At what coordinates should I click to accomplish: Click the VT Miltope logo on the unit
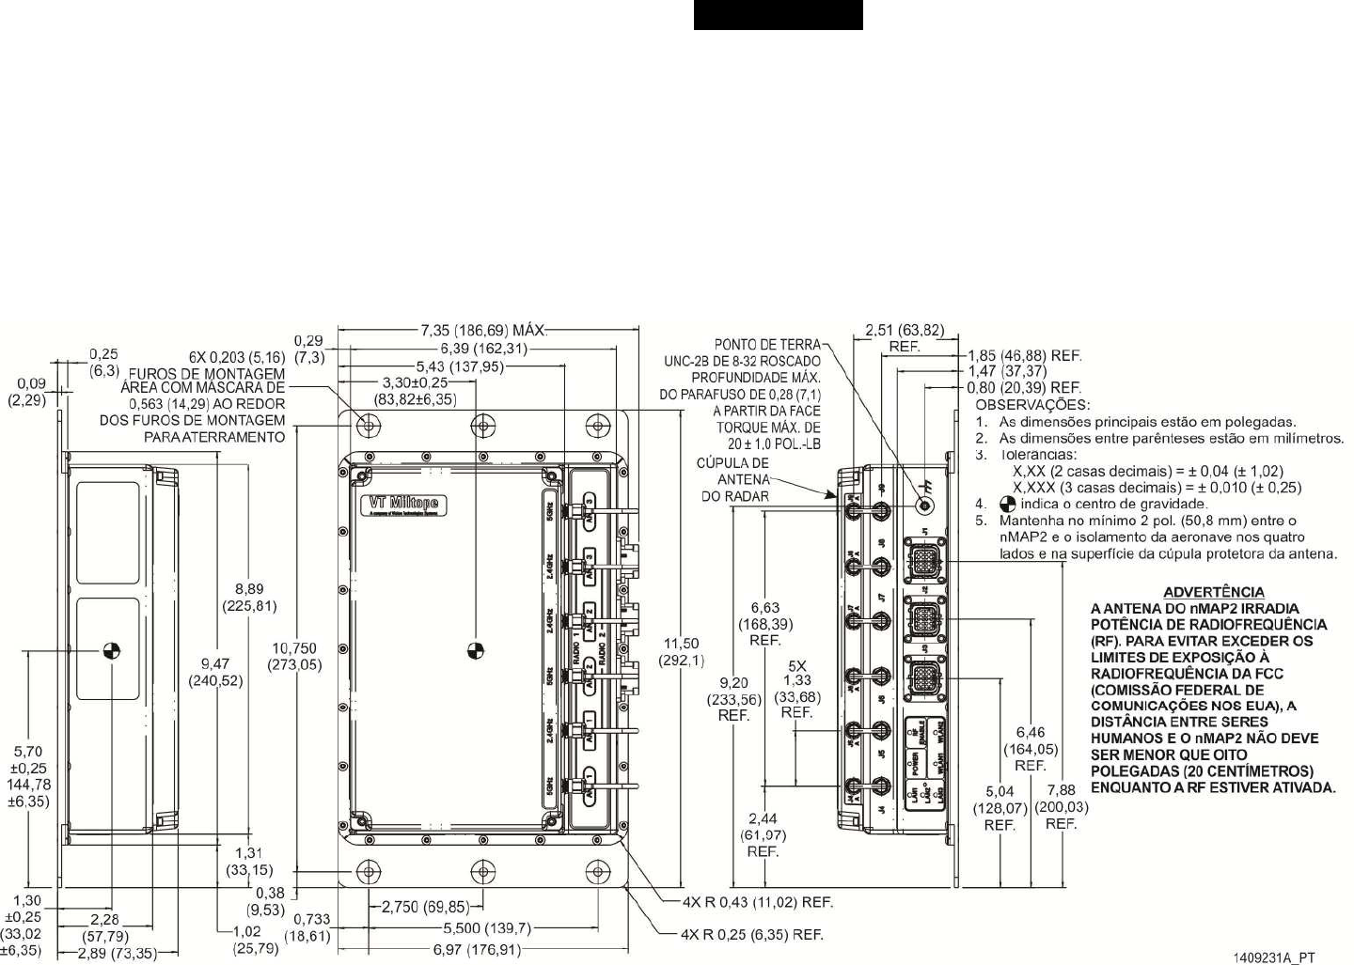pyautogui.click(x=405, y=505)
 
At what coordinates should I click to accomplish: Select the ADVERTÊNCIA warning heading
pyautogui.click(x=1213, y=592)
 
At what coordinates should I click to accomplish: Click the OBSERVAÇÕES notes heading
pyautogui.click(x=1032, y=405)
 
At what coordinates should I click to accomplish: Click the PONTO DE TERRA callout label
pyautogui.click(x=767, y=345)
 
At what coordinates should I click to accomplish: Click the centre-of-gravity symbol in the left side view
pyautogui.click(x=111, y=649)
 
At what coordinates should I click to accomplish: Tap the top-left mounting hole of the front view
pyautogui.click(x=370, y=427)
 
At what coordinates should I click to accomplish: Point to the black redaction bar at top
pyautogui.click(x=778, y=15)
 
